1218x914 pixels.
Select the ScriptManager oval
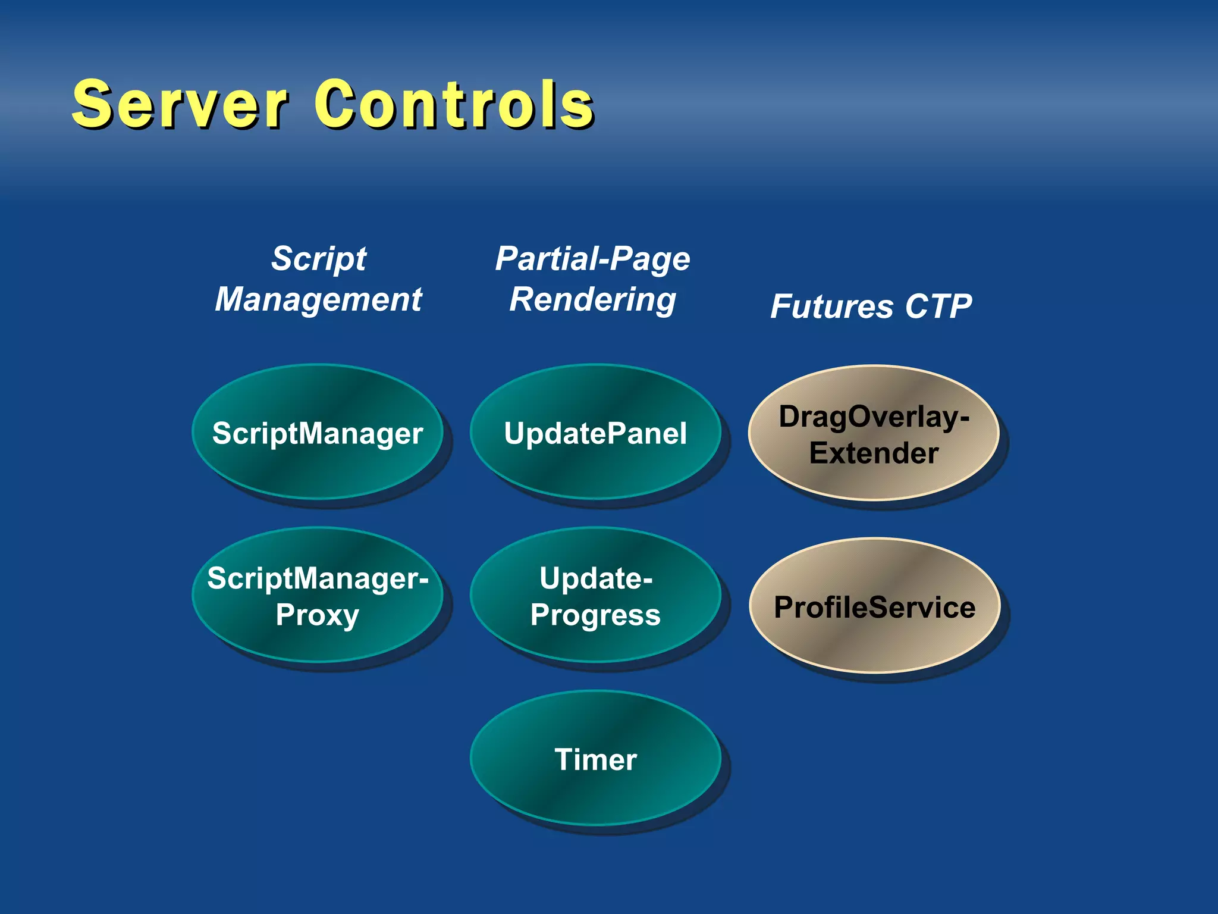click(318, 433)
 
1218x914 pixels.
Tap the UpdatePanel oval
click(595, 433)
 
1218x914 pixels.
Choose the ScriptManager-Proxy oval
click(318, 595)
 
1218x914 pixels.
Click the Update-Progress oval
click(595, 595)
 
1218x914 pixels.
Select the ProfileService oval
click(874, 607)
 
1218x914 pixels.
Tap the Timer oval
click(595, 759)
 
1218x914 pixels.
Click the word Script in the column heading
click(319, 259)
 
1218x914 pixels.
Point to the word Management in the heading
click(319, 299)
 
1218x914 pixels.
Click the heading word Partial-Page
click(593, 259)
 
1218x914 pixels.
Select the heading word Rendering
click(593, 299)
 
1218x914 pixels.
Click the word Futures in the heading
click(831, 307)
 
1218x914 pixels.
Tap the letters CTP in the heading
click(938, 307)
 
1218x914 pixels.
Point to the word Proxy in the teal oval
click(318, 615)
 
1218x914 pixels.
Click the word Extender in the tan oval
click(874, 453)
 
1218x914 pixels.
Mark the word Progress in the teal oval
click(595, 615)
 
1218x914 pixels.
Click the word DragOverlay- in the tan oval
click(874, 417)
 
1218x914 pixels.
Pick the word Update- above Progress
click(595, 578)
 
